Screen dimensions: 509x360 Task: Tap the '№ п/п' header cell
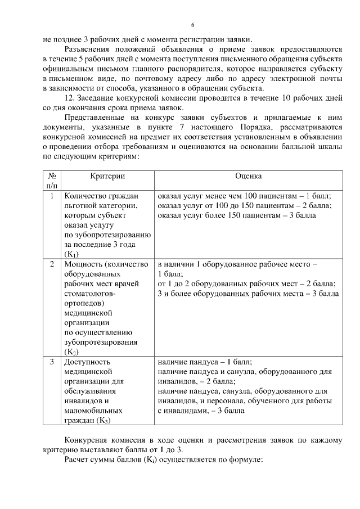pos(51,180)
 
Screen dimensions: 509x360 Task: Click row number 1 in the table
pos(52,196)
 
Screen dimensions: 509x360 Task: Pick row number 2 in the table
pos(52,264)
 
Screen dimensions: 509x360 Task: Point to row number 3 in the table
pos(52,362)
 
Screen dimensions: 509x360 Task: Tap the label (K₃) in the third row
pos(103,420)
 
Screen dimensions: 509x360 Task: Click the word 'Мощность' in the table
pos(84,264)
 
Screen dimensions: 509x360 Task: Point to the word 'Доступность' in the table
pos(87,362)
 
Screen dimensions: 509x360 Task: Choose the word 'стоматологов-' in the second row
pos(91,293)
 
